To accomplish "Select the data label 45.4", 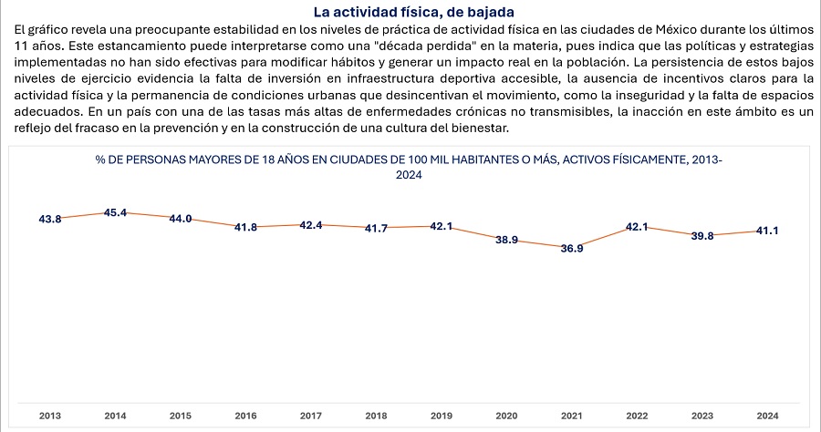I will point(116,213).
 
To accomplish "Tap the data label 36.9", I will point(572,248).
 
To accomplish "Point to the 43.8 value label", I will point(50,220).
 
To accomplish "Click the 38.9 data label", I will point(507,240).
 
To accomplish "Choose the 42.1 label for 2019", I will point(442,226).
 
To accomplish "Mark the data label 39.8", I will point(701,236).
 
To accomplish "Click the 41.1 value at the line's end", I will point(767,231).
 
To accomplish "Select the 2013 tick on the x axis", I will point(50,416).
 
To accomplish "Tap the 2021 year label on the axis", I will point(572,416).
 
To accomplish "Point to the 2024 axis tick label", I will point(767,416).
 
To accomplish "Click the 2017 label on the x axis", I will point(311,416).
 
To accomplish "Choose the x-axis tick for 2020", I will point(507,416).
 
